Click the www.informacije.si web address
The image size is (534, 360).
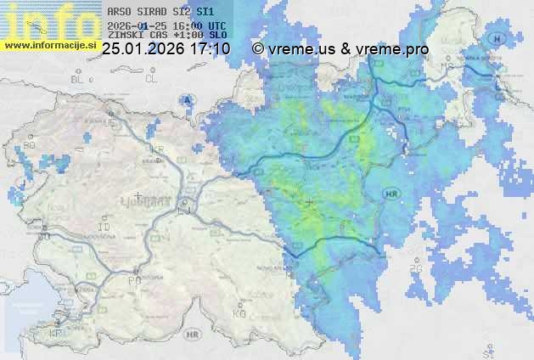tap(51, 43)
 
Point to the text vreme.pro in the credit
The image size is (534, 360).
tap(396, 49)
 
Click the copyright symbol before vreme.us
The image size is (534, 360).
tap(258, 49)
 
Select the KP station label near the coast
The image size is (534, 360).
tap(55, 334)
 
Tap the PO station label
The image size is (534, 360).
tap(133, 280)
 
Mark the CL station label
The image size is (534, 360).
tap(151, 78)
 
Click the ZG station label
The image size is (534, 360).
tap(415, 269)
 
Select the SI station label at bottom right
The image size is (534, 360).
tap(488, 348)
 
